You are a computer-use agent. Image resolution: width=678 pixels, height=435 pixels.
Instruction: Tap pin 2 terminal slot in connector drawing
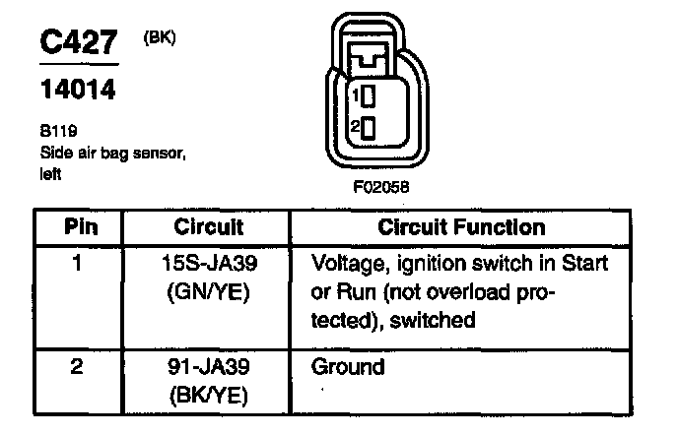[369, 128]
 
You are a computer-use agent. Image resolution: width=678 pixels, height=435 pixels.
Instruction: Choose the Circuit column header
[209, 227]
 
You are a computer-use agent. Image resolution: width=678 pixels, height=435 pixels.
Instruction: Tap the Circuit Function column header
[461, 227]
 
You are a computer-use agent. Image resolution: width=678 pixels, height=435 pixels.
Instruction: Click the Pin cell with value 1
[78, 264]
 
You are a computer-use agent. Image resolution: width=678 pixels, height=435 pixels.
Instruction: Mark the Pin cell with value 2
[78, 369]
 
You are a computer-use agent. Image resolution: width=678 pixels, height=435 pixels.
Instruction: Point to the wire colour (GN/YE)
[209, 291]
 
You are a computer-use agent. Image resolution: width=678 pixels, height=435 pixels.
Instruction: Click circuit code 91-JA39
[209, 369]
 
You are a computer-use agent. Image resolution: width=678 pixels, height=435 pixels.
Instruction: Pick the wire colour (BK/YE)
[209, 396]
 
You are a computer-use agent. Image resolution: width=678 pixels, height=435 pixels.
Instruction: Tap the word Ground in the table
[348, 369]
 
